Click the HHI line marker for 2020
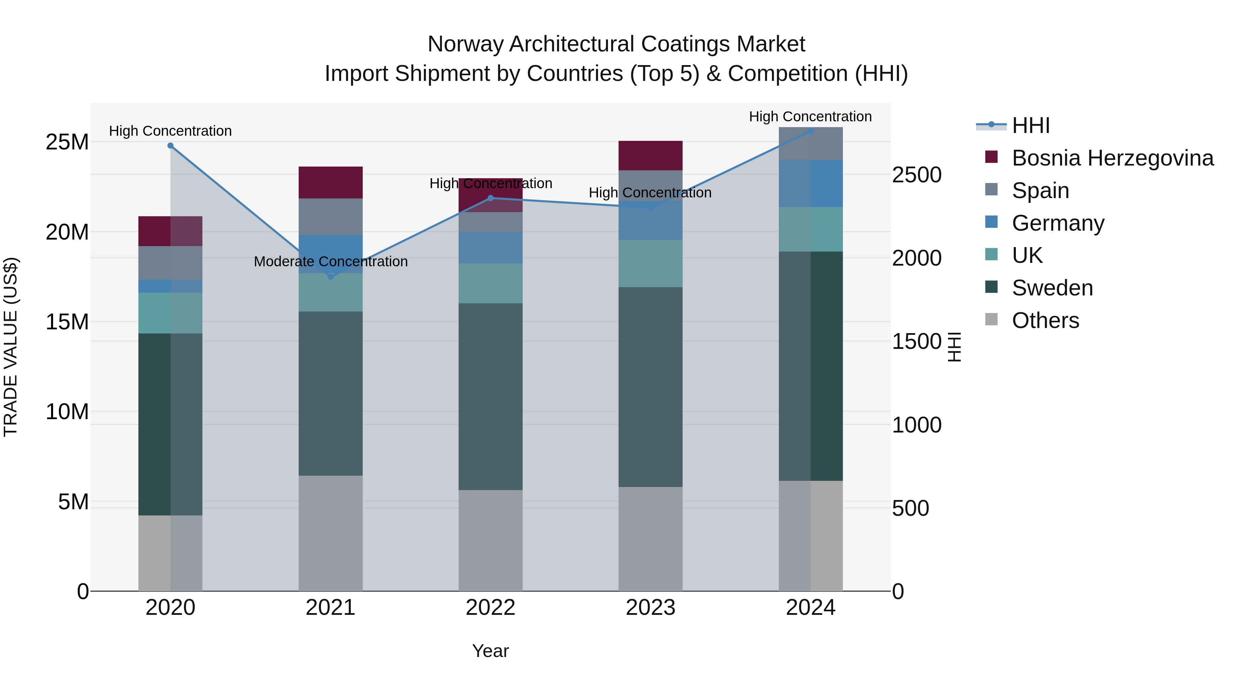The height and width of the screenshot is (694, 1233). [171, 146]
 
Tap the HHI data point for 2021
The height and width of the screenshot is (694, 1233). [330, 276]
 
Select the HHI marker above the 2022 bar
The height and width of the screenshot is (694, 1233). [490, 198]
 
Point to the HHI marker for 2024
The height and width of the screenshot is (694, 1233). [810, 131]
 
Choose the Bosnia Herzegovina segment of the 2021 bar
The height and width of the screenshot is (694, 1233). [330, 182]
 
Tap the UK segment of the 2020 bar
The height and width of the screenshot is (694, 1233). [171, 313]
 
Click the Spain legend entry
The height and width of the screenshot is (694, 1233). [1040, 191]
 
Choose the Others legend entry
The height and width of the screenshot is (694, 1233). [1045, 320]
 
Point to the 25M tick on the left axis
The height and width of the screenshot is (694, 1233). [67, 142]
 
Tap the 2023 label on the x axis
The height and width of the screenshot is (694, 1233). [650, 608]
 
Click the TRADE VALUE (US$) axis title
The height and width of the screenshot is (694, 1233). [11, 347]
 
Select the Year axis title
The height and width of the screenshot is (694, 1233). [490, 651]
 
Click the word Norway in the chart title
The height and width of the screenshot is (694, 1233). [465, 44]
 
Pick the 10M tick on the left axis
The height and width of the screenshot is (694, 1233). [67, 412]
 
